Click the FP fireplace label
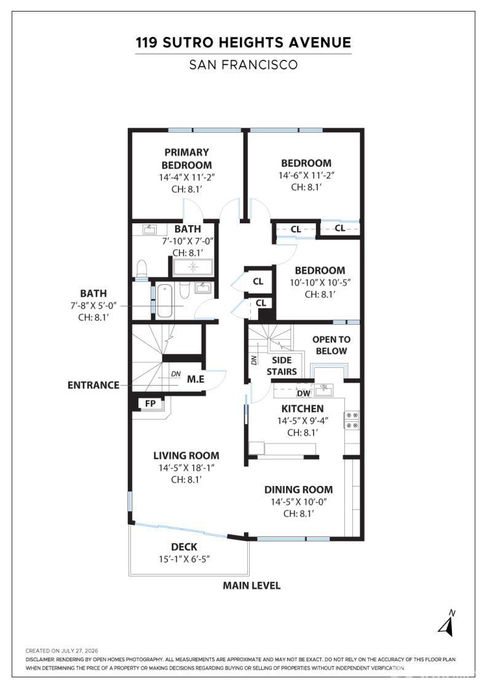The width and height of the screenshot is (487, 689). point(150,404)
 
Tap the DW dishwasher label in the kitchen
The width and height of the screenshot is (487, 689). point(303,393)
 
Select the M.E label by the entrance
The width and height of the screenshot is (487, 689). point(196,379)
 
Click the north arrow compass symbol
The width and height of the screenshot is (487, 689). point(447,623)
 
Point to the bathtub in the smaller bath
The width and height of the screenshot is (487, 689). point(164,301)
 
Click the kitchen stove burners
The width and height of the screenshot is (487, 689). point(352,420)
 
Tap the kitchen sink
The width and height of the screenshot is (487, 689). point(324,389)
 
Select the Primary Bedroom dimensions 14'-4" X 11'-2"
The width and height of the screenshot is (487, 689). point(187,177)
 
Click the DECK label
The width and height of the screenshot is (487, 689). point(184,547)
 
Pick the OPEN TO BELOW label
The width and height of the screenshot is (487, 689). point(331,345)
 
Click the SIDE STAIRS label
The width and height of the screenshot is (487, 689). point(282,366)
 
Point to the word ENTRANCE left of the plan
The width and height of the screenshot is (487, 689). point(93,385)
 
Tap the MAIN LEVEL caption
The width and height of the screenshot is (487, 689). point(251,586)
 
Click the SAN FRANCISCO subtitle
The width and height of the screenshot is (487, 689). point(244,65)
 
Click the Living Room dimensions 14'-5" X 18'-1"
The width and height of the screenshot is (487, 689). point(186,468)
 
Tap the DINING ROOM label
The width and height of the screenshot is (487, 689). point(299,490)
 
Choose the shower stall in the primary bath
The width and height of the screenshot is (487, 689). point(193,267)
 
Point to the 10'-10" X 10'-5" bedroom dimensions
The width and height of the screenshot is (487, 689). point(320,282)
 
